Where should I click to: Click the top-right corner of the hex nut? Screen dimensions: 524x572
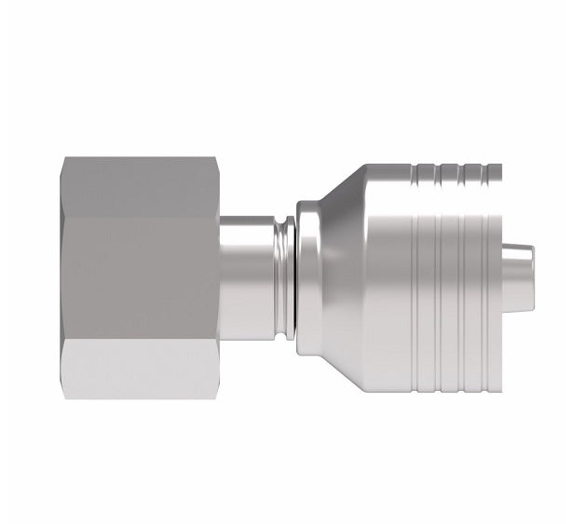pos(218,160)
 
